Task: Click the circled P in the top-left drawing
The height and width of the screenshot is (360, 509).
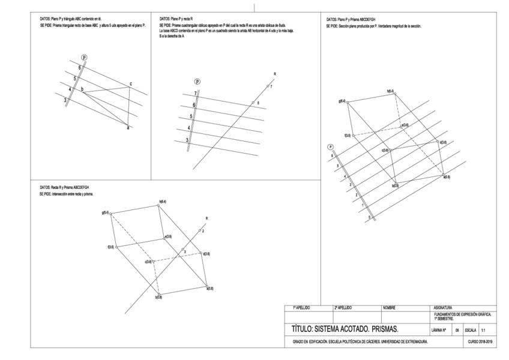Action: [84, 58]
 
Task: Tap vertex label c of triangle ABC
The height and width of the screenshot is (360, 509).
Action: [131, 84]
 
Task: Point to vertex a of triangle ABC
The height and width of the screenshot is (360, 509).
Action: [127, 128]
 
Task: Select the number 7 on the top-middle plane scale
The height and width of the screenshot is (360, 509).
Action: [195, 93]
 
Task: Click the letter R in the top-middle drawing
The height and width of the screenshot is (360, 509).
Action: [274, 74]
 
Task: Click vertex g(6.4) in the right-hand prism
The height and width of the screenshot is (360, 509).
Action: [343, 101]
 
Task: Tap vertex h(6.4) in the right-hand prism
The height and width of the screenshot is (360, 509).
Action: [390, 91]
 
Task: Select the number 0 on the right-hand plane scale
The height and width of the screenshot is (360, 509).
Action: [369, 217]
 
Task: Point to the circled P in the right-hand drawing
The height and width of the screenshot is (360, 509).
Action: [330, 147]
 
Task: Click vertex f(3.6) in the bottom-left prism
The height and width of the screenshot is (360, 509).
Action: [111, 247]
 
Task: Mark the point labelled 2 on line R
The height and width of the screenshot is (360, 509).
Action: [203, 230]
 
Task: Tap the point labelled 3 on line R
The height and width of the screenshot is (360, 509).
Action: [185, 251]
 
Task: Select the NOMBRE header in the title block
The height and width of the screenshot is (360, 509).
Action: [388, 308]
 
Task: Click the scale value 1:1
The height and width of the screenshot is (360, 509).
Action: [484, 329]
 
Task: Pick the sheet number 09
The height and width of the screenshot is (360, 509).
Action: [457, 329]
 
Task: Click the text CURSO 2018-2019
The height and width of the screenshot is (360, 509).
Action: [480, 341]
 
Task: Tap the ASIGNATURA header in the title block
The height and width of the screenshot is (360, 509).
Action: [442, 308]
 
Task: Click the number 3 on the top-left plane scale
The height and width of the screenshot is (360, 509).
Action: [65, 101]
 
